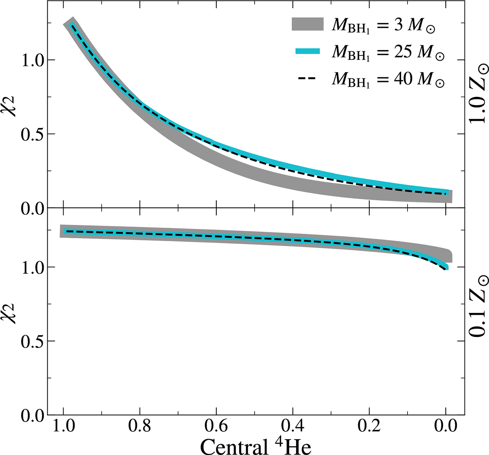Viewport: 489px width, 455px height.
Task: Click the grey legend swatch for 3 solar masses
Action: pos(307,24)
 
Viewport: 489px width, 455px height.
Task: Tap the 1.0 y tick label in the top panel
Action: pos(31,60)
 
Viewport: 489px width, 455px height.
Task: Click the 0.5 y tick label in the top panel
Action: pos(31,134)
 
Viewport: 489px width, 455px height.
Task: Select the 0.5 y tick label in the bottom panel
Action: pos(31,341)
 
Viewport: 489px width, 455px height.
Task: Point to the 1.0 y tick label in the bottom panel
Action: pos(31,267)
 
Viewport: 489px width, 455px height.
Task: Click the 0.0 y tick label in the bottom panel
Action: pos(31,415)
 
